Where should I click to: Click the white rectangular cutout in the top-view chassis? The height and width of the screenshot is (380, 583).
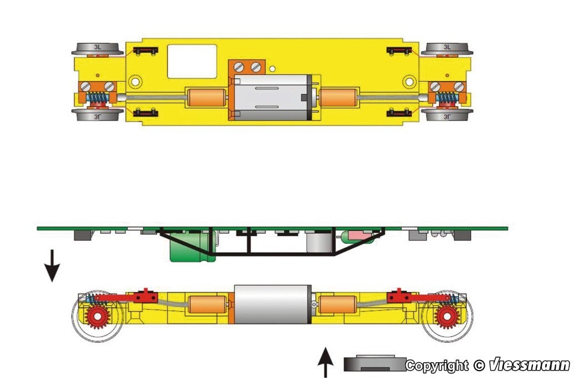click(192, 61)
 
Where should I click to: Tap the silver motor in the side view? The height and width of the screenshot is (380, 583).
click(272, 304)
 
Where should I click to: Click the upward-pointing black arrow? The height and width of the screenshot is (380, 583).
click(326, 362)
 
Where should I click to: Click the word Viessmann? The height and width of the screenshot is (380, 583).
click(529, 365)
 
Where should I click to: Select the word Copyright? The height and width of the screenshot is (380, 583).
click(437, 366)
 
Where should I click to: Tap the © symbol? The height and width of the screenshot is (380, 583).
click(480, 366)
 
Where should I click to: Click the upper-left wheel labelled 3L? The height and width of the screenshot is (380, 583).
click(97, 49)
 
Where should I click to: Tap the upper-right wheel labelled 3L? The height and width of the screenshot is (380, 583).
click(447, 49)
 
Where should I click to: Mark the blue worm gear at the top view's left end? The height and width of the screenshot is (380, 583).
click(97, 97)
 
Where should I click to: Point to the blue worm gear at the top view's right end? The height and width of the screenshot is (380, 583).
click(447, 97)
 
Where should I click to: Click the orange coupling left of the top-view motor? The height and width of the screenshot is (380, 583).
click(206, 97)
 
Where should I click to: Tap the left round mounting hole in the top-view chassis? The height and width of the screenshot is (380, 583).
click(136, 81)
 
